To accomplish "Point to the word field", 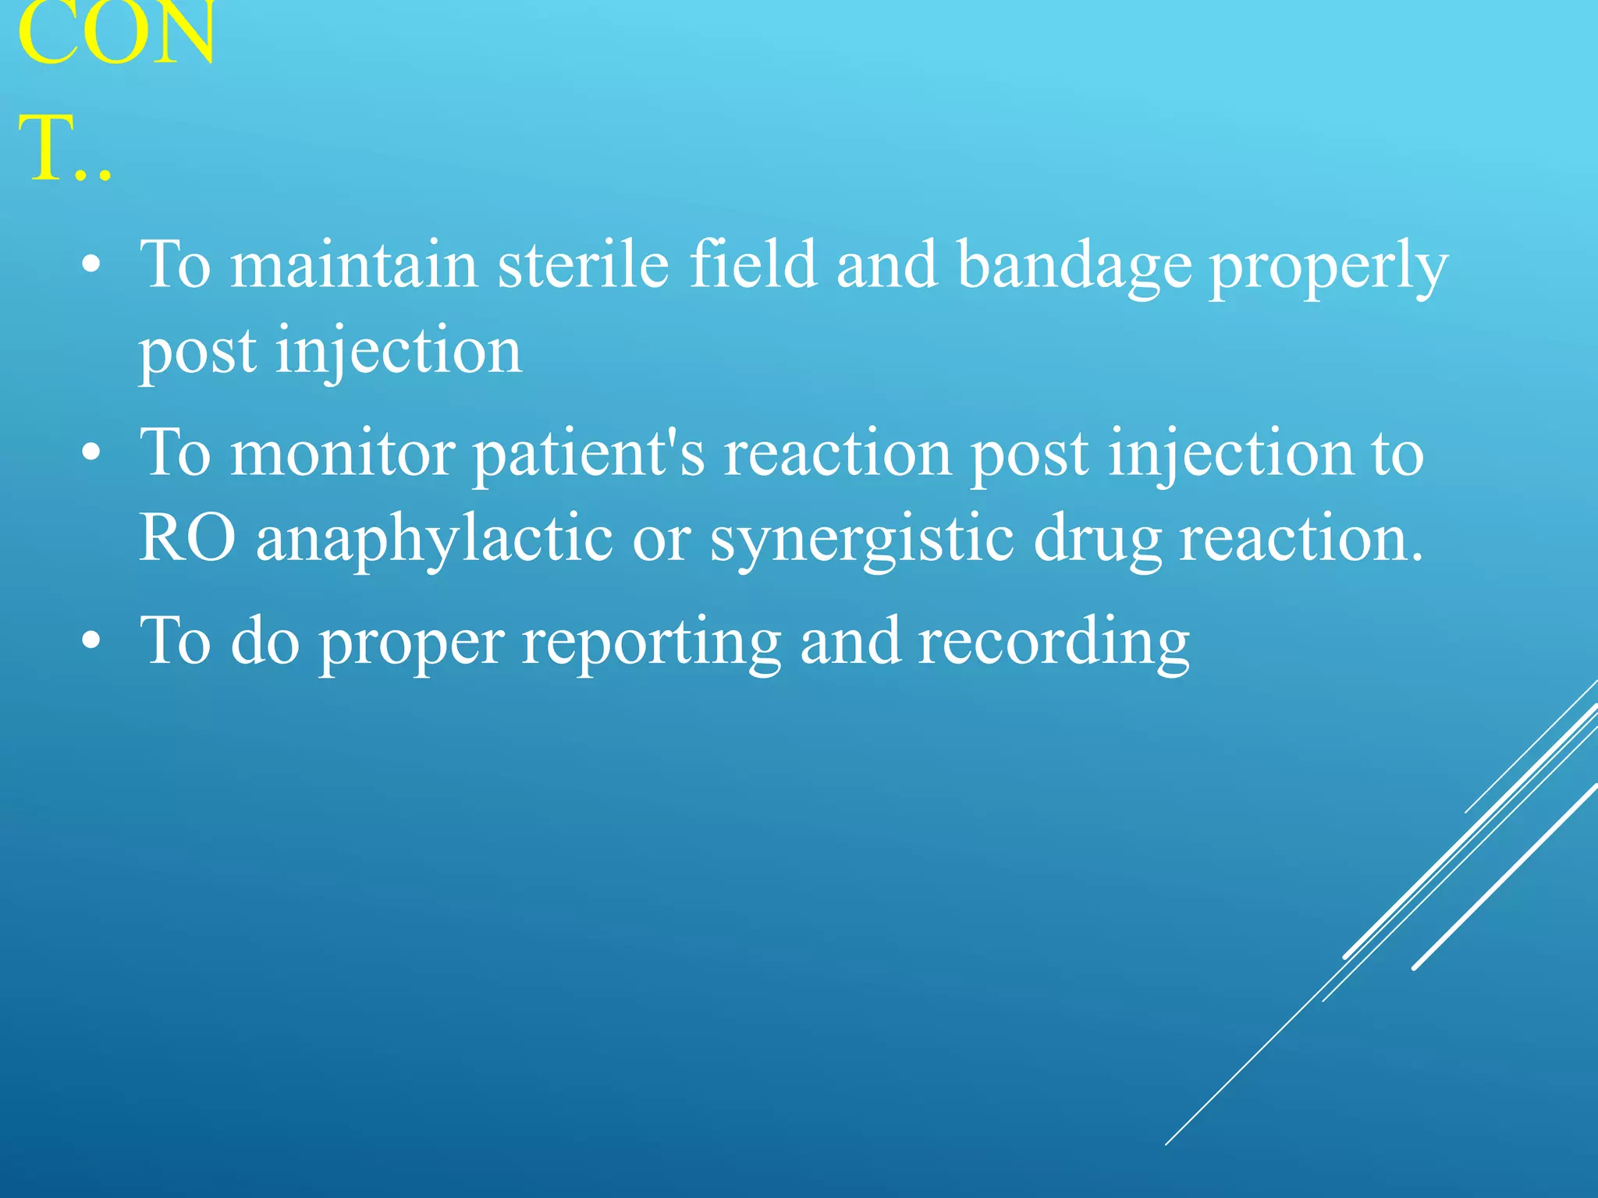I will click(753, 265).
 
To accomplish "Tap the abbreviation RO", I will click(187, 538).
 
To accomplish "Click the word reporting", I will click(652, 641).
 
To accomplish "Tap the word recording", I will click(1053, 641).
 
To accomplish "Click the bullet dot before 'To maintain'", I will click(91, 265).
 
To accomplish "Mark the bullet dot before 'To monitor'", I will click(91, 453).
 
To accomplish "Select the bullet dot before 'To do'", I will click(91, 640).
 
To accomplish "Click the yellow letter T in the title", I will click(51, 148).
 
